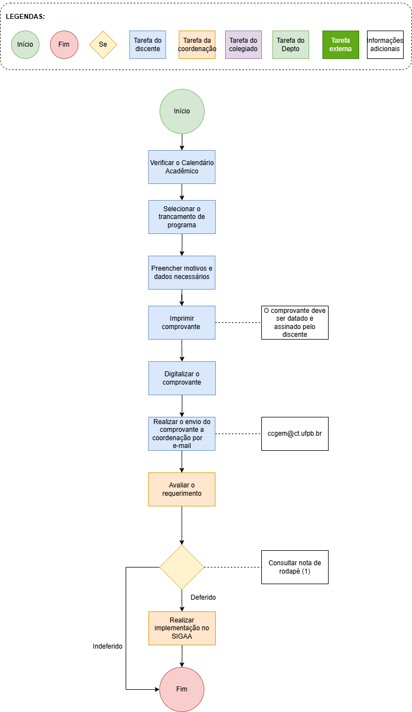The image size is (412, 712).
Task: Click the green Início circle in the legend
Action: pyautogui.click(x=25, y=44)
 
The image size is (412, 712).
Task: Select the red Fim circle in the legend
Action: pyautogui.click(x=64, y=44)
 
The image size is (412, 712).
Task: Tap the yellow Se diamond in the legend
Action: pyautogui.click(x=103, y=44)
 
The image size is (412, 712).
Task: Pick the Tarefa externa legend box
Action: pyautogui.click(x=340, y=44)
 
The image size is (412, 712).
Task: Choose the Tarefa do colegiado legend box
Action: pyautogui.click(x=243, y=44)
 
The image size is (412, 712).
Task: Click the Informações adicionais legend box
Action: pyautogui.click(x=385, y=44)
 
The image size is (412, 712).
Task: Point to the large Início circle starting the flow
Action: pyautogui.click(x=182, y=111)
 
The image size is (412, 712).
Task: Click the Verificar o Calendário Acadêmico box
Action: pyautogui.click(x=182, y=167)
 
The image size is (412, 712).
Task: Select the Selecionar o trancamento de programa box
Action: pyautogui.click(x=182, y=217)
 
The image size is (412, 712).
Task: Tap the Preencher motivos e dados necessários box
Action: pyautogui.click(x=182, y=272)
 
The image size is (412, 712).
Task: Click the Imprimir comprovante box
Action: pyautogui.click(x=182, y=322)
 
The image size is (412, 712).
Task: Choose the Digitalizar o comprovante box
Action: pyautogui.click(x=182, y=378)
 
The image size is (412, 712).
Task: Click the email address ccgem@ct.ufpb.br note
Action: pyautogui.click(x=295, y=434)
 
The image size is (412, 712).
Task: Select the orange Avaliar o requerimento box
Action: pyautogui.click(x=182, y=489)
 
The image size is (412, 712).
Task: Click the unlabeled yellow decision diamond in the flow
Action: pyautogui.click(x=182, y=567)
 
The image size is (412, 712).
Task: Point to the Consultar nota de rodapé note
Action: pyautogui.click(x=295, y=567)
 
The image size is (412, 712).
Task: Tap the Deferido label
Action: pyautogui.click(x=203, y=598)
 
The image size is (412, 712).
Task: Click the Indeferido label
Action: pyautogui.click(x=107, y=646)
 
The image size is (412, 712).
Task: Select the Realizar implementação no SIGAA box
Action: pyautogui.click(x=182, y=628)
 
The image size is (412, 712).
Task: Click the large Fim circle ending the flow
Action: pyautogui.click(x=182, y=689)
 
